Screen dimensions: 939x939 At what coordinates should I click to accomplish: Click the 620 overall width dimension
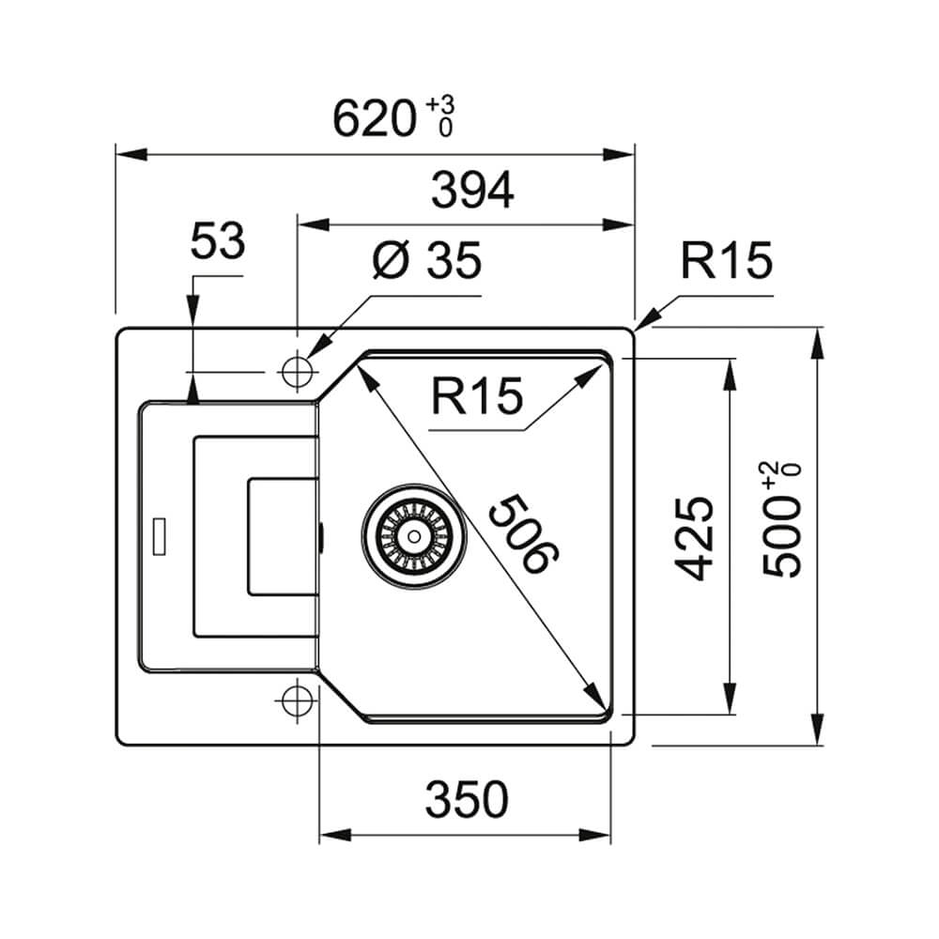click(375, 118)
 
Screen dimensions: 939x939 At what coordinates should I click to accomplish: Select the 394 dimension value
click(472, 190)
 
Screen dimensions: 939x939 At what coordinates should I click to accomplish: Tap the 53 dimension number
click(218, 240)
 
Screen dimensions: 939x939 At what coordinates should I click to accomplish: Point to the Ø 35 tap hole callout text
click(427, 260)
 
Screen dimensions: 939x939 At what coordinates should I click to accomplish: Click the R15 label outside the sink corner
click(727, 260)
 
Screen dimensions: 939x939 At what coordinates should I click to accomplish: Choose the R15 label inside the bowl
click(477, 396)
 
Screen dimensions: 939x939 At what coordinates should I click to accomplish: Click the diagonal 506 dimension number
click(523, 533)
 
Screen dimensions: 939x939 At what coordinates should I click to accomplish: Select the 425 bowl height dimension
click(694, 538)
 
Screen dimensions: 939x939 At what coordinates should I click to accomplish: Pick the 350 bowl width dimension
click(467, 799)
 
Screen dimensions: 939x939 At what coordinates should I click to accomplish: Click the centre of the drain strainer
click(413, 536)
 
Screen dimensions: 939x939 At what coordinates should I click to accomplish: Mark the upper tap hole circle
click(298, 372)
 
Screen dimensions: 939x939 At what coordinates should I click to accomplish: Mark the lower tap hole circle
click(298, 700)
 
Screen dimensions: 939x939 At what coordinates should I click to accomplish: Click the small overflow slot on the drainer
click(160, 536)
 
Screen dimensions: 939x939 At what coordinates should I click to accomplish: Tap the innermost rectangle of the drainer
click(283, 536)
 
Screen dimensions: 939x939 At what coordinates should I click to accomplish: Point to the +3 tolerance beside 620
click(440, 104)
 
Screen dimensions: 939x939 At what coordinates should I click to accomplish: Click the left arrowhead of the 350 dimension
click(335, 835)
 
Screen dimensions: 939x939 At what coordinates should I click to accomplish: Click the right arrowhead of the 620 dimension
click(619, 155)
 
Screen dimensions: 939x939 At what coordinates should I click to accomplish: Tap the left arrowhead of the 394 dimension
click(314, 225)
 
